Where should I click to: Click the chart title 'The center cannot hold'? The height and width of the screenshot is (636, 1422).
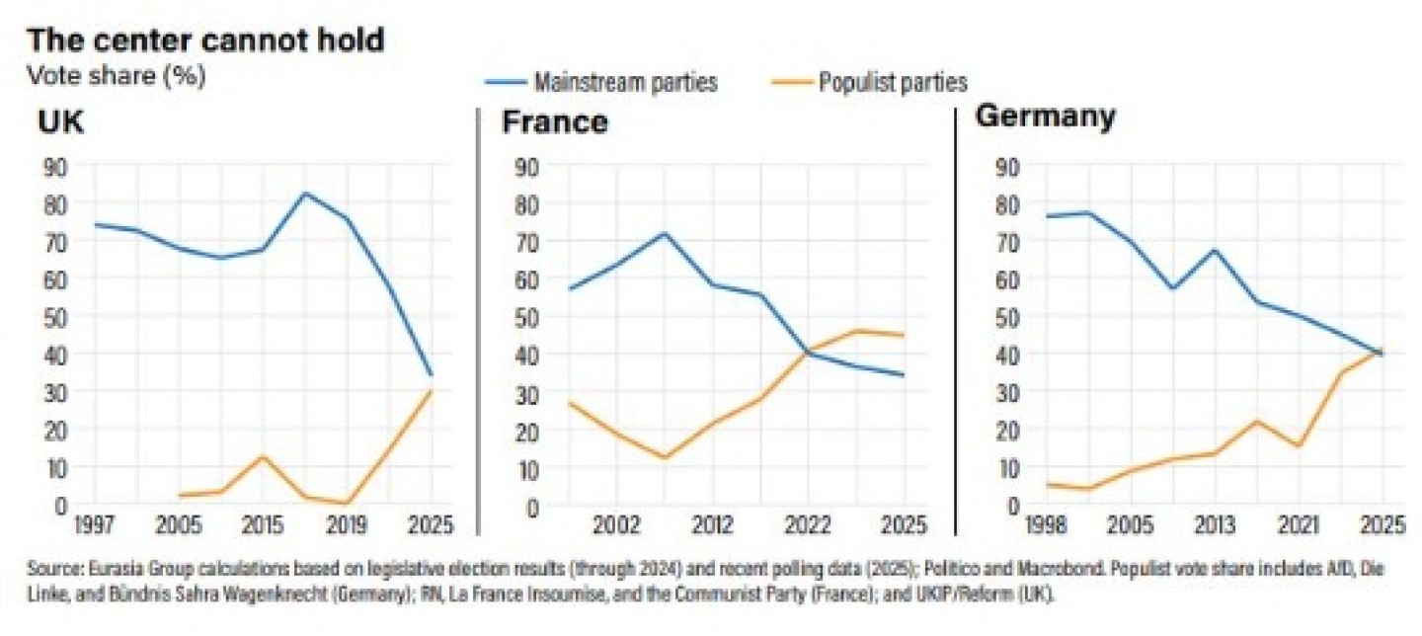click(205, 40)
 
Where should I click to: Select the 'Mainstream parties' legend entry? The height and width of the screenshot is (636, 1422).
click(625, 82)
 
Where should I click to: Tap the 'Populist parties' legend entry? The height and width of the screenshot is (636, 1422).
click(893, 82)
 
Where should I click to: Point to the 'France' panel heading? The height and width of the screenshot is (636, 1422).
click(554, 122)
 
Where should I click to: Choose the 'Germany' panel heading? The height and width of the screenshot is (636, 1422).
click(1046, 117)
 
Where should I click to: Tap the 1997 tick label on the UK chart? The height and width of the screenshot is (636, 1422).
click(95, 523)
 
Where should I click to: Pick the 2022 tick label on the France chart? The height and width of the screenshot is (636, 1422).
click(811, 523)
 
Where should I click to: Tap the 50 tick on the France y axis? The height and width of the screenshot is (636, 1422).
click(529, 317)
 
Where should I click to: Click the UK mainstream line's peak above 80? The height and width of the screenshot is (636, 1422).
click(304, 194)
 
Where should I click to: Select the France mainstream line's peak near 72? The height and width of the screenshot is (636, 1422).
click(664, 234)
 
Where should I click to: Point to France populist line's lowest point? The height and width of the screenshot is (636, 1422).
click(664, 457)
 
